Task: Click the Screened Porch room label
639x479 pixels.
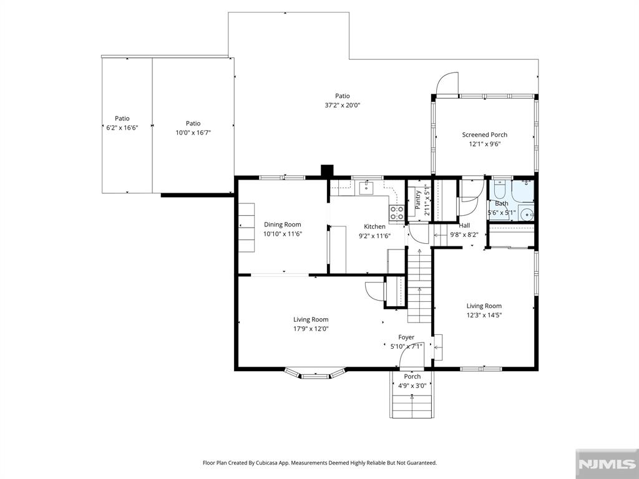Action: [x=484, y=135]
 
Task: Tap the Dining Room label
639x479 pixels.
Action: [x=283, y=225]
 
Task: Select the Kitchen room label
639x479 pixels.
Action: [x=374, y=226]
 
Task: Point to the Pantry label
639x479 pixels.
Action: [x=418, y=200]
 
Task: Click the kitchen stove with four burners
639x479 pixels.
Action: [x=396, y=213]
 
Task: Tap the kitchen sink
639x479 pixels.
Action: [x=367, y=188]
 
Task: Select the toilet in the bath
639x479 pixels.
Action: [x=500, y=190]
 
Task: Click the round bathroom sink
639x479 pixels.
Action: [x=527, y=213]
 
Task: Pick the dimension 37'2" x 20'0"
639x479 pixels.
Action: [x=343, y=105]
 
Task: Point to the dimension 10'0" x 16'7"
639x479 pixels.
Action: [x=193, y=132]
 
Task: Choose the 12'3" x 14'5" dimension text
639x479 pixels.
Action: [x=484, y=315]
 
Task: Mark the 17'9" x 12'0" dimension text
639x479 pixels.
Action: [x=311, y=329]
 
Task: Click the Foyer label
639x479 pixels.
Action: [x=406, y=337]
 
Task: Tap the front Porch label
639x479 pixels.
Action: [x=412, y=376]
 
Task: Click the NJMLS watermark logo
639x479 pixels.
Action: [x=607, y=464]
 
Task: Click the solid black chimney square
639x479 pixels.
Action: [x=327, y=170]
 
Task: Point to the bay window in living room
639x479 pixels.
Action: [x=315, y=374]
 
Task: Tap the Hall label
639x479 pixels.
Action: [x=464, y=225]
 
